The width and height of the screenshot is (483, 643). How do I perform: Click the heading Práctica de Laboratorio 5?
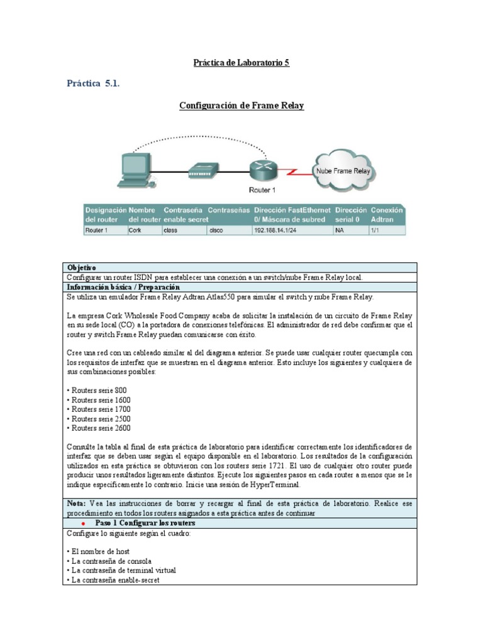click(x=241, y=63)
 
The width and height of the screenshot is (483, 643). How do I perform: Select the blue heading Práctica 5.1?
click(x=93, y=84)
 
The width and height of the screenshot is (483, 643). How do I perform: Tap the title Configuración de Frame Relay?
click(x=241, y=105)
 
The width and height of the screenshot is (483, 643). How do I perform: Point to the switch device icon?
click(x=203, y=171)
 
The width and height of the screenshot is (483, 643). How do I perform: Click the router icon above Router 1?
click(x=264, y=170)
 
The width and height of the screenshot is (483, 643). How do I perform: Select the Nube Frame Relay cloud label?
click(x=343, y=171)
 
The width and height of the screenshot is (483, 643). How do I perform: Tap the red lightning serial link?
click(x=296, y=172)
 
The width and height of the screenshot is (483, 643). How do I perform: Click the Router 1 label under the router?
click(x=262, y=190)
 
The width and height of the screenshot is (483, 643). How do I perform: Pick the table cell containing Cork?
click(x=145, y=230)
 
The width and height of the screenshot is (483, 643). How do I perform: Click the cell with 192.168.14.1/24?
click(x=293, y=230)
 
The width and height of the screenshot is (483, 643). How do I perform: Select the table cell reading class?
click(x=184, y=230)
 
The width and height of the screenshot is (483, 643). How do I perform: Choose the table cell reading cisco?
click(x=229, y=230)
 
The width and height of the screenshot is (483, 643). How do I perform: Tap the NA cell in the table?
click(x=351, y=230)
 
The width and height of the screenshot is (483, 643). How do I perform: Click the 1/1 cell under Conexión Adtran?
click(x=387, y=230)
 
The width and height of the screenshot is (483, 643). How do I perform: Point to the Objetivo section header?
click(x=81, y=267)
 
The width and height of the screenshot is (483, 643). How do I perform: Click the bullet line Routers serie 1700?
click(x=99, y=409)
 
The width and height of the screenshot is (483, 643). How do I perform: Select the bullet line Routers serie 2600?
click(x=99, y=428)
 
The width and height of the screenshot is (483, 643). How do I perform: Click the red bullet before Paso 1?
click(x=84, y=524)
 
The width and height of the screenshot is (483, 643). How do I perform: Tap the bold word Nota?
click(x=76, y=504)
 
